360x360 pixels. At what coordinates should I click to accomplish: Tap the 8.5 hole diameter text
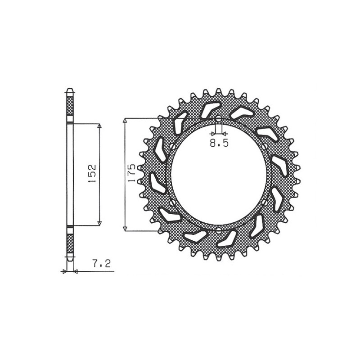click(x=219, y=144)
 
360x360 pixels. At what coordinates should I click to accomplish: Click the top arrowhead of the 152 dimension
click(x=99, y=126)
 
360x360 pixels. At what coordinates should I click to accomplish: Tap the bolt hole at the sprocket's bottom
click(x=218, y=230)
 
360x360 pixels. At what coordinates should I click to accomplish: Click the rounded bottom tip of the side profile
click(x=70, y=260)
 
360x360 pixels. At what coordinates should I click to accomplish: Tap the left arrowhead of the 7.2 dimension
click(x=64, y=271)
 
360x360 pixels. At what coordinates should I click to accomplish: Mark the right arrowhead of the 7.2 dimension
click(x=75, y=271)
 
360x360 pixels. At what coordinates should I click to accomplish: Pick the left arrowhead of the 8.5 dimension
click(x=212, y=134)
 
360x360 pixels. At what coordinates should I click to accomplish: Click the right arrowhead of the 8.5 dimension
click(x=225, y=134)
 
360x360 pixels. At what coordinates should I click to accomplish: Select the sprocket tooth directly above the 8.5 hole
click(x=218, y=92)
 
